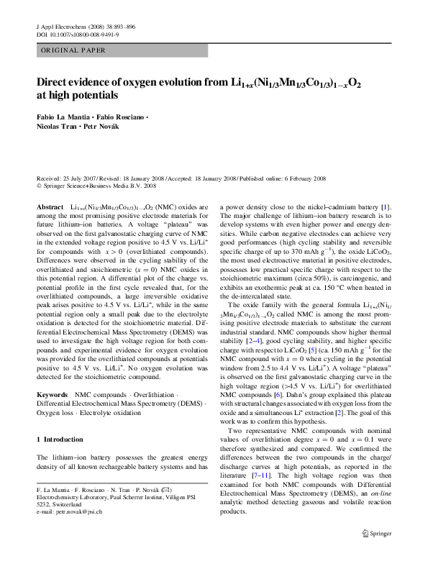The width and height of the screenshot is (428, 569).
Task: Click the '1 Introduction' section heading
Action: click(x=63, y=439)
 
